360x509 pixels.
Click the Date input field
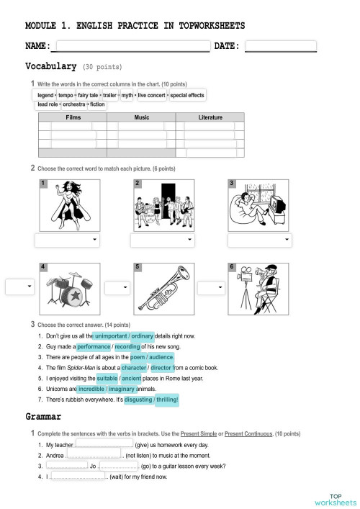281,47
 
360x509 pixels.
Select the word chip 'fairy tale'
87,95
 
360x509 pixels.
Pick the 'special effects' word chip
187,95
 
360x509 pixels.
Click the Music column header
142,117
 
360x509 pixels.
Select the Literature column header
210,117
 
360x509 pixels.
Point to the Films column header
73,117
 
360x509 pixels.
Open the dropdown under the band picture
162,240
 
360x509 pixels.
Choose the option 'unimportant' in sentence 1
110,336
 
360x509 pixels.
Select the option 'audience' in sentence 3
161,357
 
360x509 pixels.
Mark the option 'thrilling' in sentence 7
166,399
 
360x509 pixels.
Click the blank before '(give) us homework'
104,445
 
